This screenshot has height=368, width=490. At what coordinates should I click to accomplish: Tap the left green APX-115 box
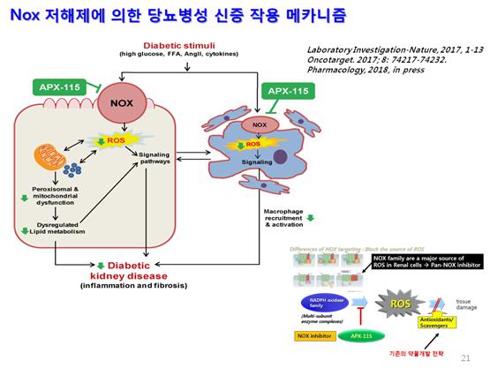[x=61, y=86]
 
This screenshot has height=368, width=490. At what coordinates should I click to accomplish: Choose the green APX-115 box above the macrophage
[x=288, y=92]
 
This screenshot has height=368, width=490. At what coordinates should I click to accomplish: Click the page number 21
[x=466, y=359]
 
